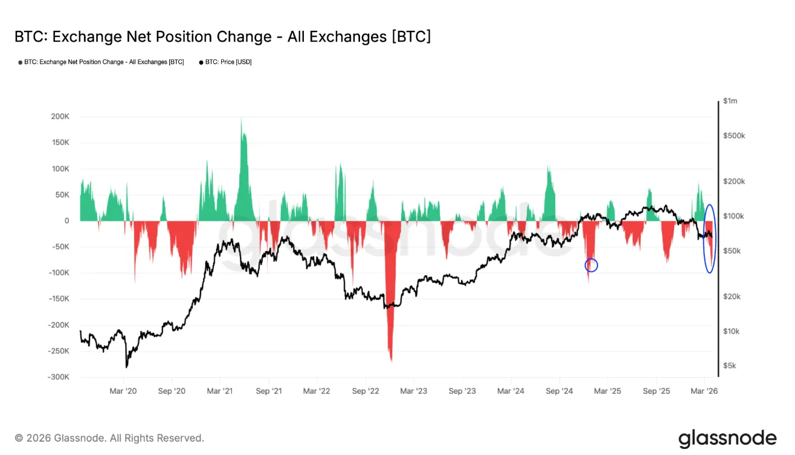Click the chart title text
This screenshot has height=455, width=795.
tap(222, 37)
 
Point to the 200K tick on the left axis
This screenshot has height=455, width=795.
tap(60, 117)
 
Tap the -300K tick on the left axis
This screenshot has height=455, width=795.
tap(59, 377)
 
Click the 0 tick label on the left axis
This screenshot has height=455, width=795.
tap(68, 221)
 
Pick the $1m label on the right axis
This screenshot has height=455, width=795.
tap(730, 101)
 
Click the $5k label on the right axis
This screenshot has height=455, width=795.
tap(730, 366)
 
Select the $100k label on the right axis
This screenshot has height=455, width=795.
tap(733, 216)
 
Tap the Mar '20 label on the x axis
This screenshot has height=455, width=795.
tap(123, 391)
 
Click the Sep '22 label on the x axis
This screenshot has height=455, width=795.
tap(367, 391)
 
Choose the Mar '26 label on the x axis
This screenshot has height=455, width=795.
tap(704, 391)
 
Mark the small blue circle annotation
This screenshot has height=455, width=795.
tap(591, 265)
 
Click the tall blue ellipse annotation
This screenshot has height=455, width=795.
tap(710, 238)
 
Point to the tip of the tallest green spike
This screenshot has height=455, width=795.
tap(242, 118)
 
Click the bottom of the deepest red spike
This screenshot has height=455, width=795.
tap(391, 361)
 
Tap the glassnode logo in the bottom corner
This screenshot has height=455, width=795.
tap(727, 439)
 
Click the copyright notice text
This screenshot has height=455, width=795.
tap(109, 438)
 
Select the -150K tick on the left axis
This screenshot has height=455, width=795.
tap(59, 299)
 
